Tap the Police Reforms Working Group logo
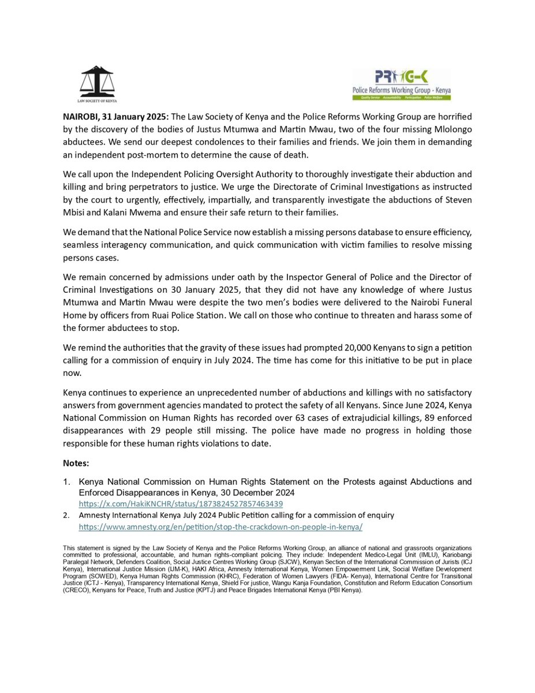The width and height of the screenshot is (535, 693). tap(402, 85)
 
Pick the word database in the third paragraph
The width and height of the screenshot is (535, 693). tap(331, 232)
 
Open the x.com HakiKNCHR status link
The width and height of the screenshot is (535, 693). tap(181, 504)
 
